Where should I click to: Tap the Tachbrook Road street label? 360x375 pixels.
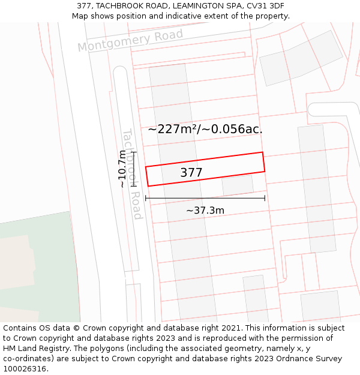132,174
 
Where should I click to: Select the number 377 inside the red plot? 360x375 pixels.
191,173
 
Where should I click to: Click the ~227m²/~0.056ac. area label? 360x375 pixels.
205,129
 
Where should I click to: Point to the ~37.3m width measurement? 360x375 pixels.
205,211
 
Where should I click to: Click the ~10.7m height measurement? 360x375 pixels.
122,169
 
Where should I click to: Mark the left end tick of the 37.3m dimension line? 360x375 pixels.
146,198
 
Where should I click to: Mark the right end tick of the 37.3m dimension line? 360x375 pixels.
265,198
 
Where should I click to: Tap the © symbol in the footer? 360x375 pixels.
76,328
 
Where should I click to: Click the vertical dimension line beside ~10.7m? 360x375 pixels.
134,169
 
